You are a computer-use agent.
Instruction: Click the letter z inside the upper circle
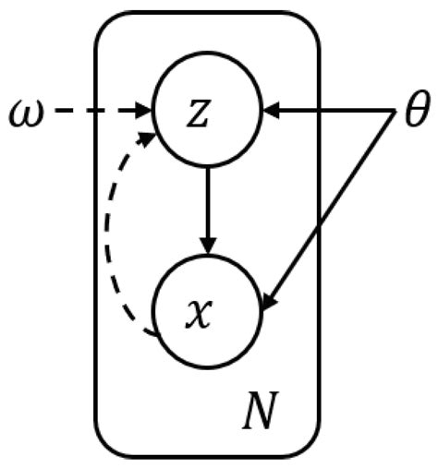pyautogui.click(x=208, y=114)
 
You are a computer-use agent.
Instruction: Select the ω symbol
pyautogui.click(x=25, y=114)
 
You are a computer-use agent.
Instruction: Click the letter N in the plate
pyautogui.click(x=260, y=416)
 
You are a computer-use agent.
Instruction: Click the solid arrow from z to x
pyautogui.click(x=208, y=208)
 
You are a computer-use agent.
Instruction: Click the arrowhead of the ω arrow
pyautogui.click(x=146, y=114)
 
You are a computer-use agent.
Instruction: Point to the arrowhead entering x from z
pyautogui.click(x=208, y=246)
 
